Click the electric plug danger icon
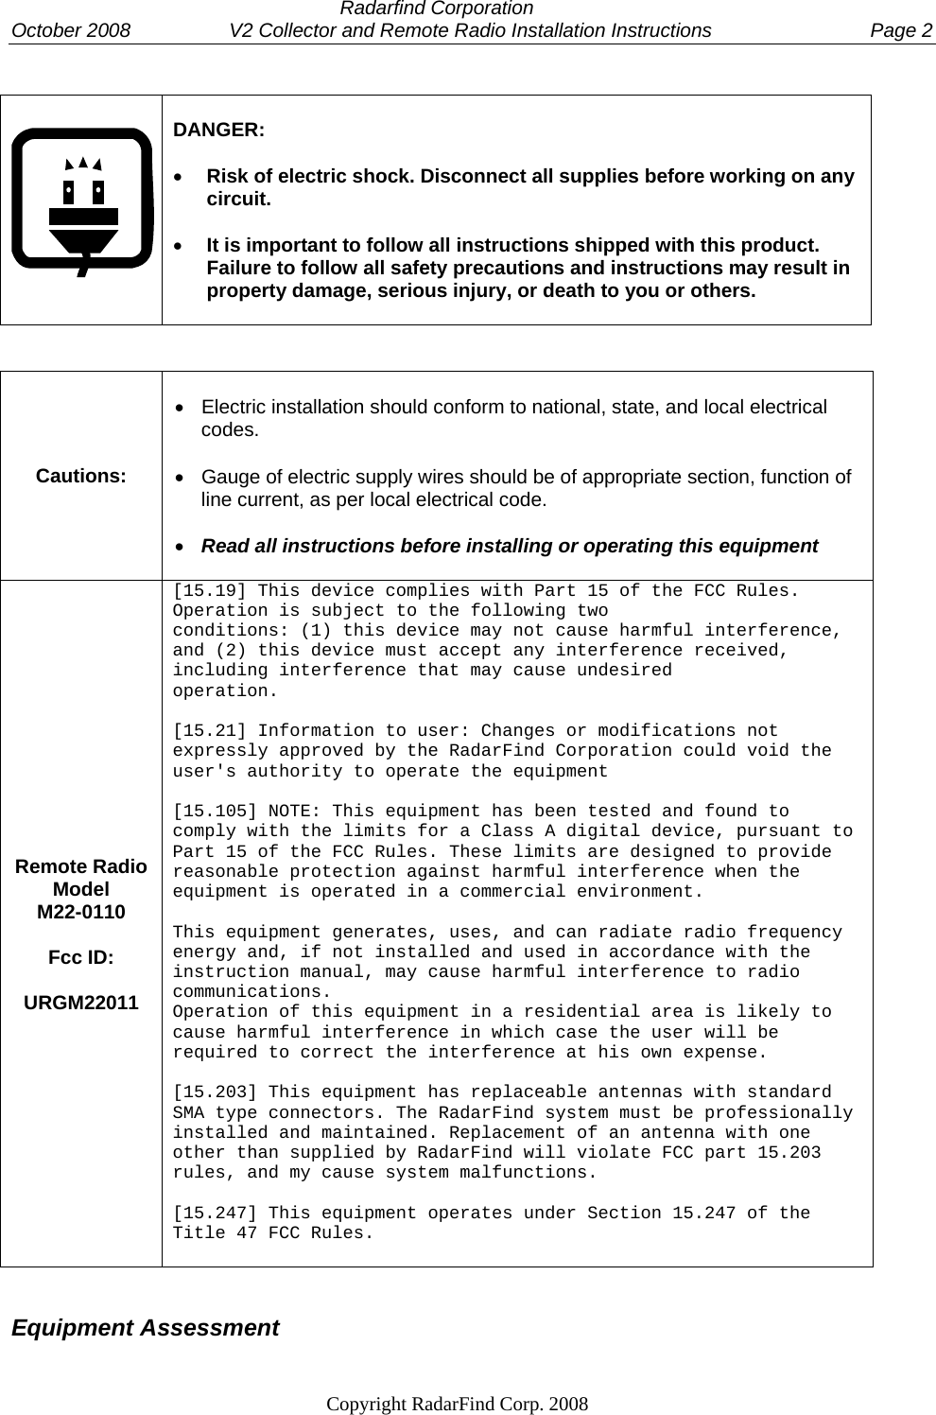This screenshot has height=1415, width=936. pos(82,201)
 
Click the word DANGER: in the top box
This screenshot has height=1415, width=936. pos(218,130)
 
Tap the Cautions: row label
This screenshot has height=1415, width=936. pos(81,476)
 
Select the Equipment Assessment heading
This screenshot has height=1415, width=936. pos(146,1328)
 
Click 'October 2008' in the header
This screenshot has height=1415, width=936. pos(71,30)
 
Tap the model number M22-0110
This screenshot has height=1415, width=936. pos(81,913)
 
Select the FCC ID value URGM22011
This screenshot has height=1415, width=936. pos(81,1003)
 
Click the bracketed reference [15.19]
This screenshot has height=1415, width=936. pos(208,591)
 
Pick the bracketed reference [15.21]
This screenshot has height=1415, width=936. pos(208,731)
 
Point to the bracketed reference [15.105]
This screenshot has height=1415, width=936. pos(214,812)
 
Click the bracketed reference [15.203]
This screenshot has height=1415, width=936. pos(214,1093)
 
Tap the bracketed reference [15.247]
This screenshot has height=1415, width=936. pos(214,1214)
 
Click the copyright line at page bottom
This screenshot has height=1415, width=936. pos(457,1403)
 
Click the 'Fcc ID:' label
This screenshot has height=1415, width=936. pos(81,957)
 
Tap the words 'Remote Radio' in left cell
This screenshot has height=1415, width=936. pos(81,867)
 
